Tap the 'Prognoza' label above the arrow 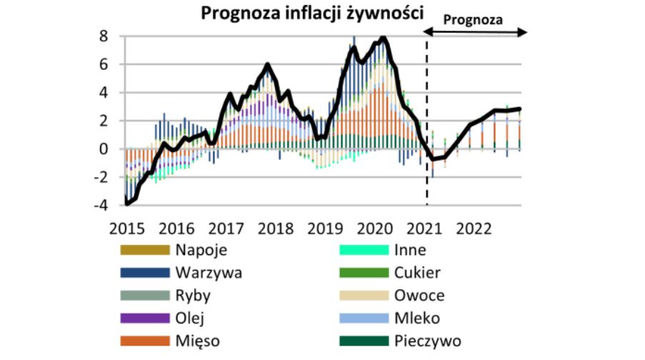tap(474, 19)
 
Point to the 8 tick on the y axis tap(104, 36)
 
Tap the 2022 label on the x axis tap(473, 229)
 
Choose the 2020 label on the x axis tap(374, 229)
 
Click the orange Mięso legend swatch tap(144, 341)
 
